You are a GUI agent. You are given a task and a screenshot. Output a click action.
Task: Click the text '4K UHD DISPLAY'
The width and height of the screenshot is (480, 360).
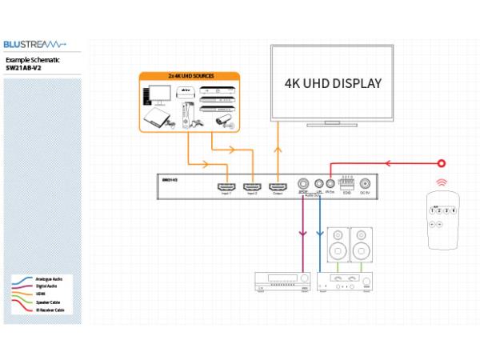(333, 83)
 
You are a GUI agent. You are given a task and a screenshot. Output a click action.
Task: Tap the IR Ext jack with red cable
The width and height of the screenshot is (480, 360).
(330, 183)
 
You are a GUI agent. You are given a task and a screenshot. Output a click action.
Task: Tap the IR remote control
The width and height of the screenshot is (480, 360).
(442, 219)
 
